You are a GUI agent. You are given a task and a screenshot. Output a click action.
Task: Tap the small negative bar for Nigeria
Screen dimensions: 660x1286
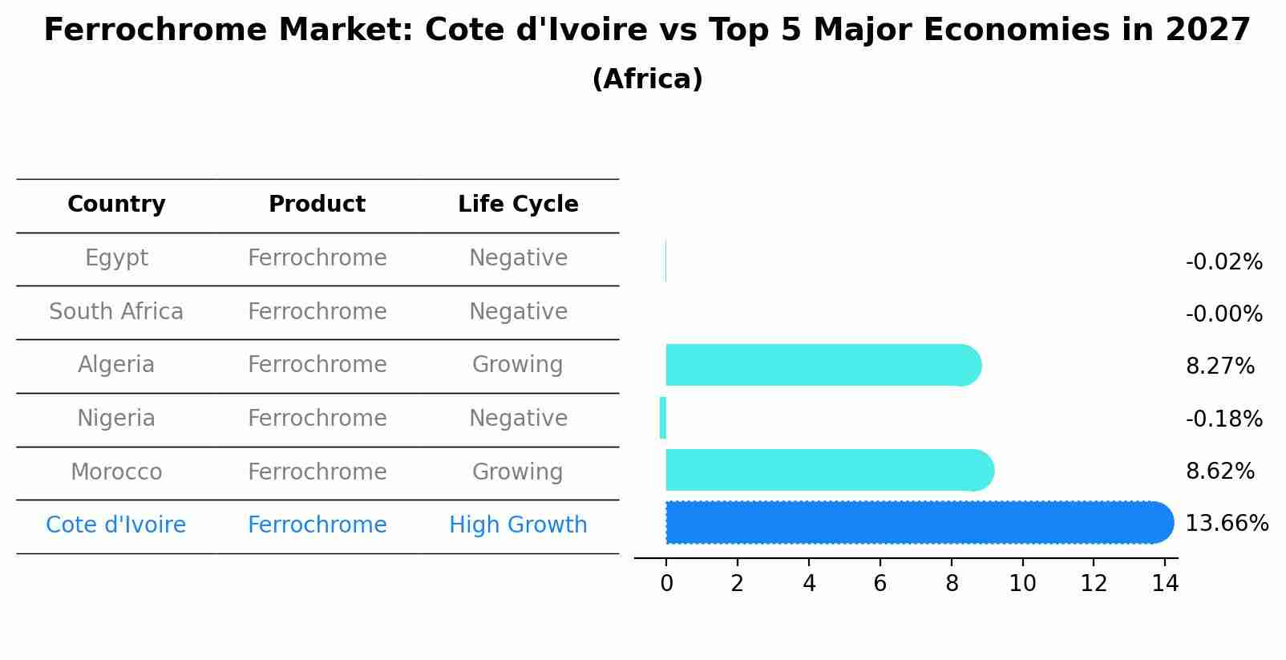coord(663,418)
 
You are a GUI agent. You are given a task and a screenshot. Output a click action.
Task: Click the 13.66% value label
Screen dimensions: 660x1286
coord(1226,524)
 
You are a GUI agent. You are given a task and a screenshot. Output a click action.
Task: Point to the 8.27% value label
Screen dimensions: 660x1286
coord(1219,366)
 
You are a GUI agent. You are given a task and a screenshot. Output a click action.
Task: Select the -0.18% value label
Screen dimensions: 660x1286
coord(1223,419)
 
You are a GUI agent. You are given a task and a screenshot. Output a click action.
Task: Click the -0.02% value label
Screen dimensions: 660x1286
coord(1223,262)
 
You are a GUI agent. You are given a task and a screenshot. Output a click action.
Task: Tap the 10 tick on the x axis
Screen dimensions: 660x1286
coord(1022,584)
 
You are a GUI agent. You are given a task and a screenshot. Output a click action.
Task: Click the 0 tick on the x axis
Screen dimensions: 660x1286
coord(666,584)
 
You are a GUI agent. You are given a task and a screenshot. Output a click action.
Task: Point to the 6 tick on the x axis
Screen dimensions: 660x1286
coord(880,584)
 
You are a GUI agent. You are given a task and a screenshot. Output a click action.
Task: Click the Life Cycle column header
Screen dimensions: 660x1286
coord(518,204)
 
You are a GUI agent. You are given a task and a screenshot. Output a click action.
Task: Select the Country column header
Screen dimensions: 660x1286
coord(116,204)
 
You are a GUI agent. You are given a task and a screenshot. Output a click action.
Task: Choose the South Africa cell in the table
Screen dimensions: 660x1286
coord(116,311)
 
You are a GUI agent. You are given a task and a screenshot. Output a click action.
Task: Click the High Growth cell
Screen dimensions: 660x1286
coord(518,525)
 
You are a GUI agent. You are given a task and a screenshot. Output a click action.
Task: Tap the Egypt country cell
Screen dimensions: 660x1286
coord(116,258)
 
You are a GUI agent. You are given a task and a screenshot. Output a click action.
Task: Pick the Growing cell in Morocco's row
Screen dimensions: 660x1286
coord(518,472)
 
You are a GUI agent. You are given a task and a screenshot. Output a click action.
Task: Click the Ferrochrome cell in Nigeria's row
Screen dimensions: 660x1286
coord(317,419)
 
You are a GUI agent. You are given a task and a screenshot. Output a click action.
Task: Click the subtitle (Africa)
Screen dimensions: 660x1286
coord(647,79)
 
